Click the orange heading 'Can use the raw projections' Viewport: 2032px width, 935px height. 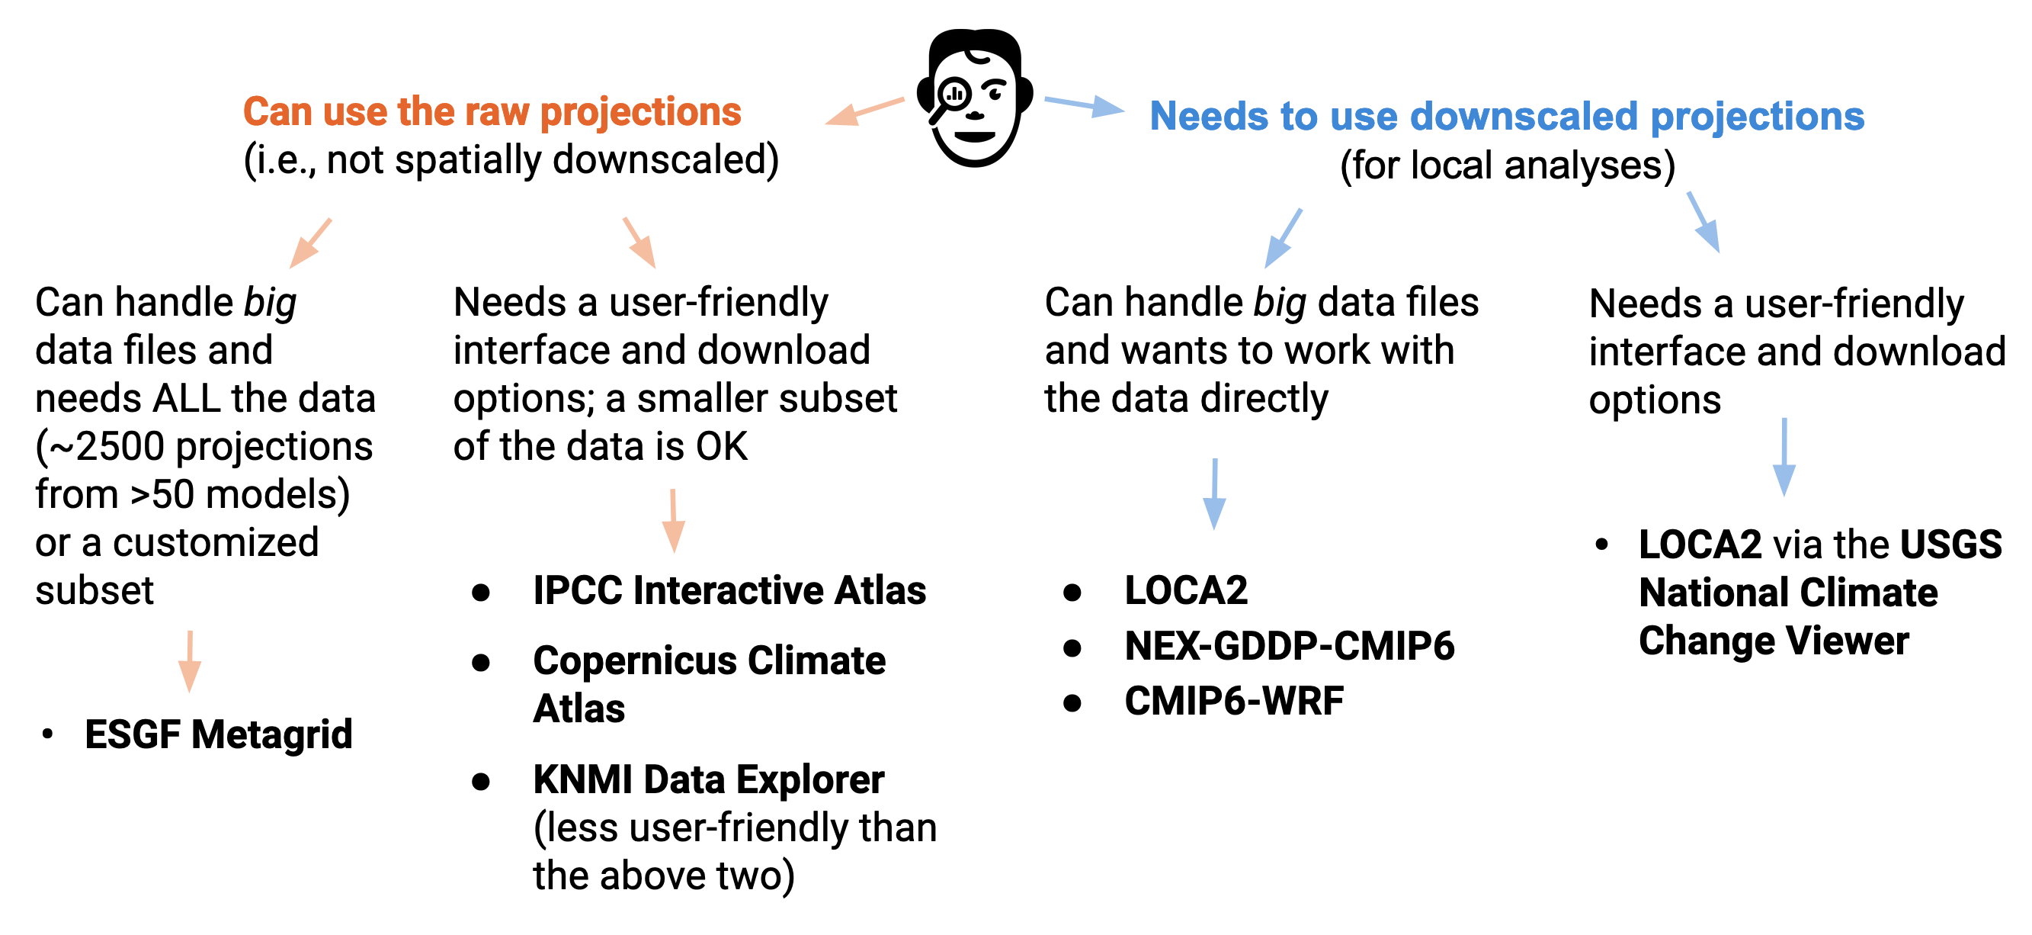coord(492,112)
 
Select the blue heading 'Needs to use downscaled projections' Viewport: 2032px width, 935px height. coord(1507,116)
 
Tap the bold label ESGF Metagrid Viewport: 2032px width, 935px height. coord(219,734)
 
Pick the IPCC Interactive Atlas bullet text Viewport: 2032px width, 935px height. coord(729,590)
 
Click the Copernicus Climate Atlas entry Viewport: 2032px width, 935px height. coord(709,684)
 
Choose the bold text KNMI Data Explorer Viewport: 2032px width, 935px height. coord(708,779)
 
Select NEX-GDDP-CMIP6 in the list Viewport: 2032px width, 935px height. coord(1290,646)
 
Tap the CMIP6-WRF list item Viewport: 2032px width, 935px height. coord(1234,701)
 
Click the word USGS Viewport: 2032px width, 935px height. coord(1950,545)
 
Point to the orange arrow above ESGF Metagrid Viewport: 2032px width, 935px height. coord(189,661)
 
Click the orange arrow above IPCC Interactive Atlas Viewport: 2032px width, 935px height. coord(673,521)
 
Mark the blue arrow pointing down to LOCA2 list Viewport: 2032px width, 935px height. coord(1215,494)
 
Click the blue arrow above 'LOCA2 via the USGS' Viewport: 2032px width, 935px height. coord(1784,457)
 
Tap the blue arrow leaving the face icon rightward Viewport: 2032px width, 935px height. coord(1085,105)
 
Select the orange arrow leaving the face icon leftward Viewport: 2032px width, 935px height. coord(864,111)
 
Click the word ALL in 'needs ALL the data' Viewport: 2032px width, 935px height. coord(186,398)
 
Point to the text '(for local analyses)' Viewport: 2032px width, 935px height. coord(1508,165)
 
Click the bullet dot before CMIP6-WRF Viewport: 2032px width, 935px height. coord(1072,702)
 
